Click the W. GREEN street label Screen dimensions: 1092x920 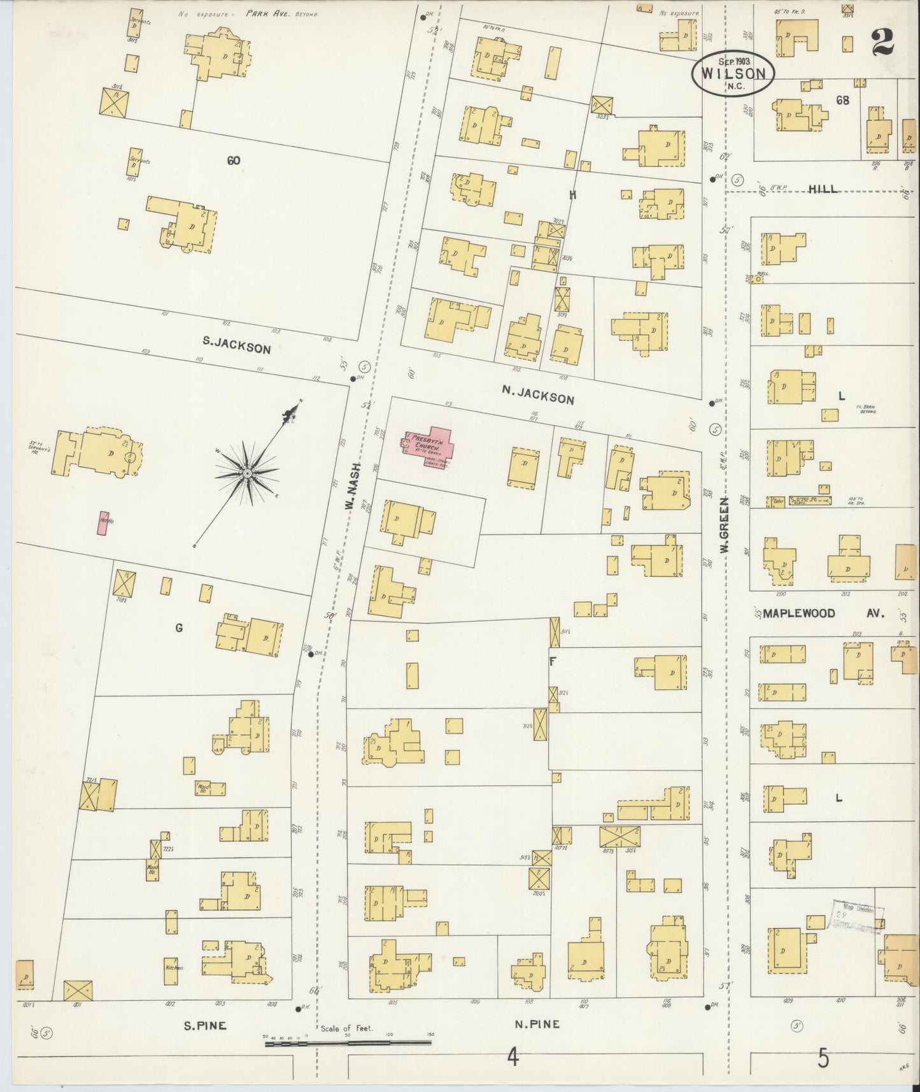click(x=725, y=524)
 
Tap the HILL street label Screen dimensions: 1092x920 click(x=823, y=189)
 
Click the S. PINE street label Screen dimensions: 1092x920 click(x=205, y=1026)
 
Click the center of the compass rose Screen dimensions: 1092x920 click(x=246, y=473)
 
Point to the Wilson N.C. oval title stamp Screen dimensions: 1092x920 click(x=733, y=73)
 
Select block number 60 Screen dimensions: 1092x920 click(x=233, y=161)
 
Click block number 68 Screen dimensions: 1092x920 click(x=843, y=100)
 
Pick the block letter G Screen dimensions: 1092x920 click(x=179, y=628)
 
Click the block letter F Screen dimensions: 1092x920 click(x=553, y=662)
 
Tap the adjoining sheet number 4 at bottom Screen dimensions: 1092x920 click(x=512, y=1058)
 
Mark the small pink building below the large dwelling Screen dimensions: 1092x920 click(x=102, y=522)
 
